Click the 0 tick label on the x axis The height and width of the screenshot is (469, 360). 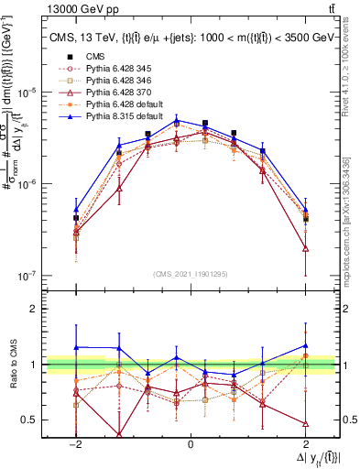click(191, 443)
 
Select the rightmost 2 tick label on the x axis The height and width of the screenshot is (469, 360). click(305, 443)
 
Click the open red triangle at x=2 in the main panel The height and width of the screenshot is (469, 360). click(305, 248)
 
